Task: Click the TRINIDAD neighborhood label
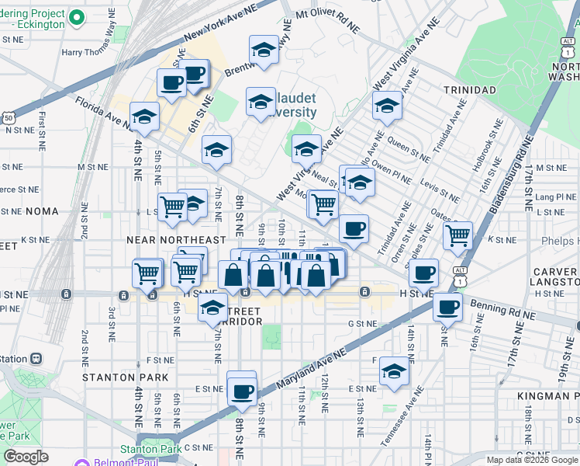click(x=470, y=90)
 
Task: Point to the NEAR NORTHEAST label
click(x=176, y=241)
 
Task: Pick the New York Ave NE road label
click(x=220, y=32)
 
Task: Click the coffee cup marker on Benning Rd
click(x=447, y=307)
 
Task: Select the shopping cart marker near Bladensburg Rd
click(x=457, y=234)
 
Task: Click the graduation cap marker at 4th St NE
click(x=143, y=117)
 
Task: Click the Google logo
click(x=26, y=457)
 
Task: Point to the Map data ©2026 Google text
click(x=531, y=460)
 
